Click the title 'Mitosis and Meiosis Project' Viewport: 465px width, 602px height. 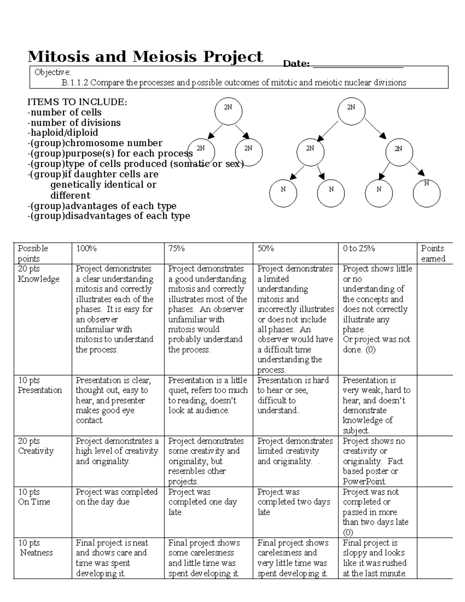(145, 57)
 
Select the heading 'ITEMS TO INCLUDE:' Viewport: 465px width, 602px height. (77, 102)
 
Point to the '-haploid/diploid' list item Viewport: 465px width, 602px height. (62, 133)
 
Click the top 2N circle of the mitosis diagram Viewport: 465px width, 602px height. (228, 111)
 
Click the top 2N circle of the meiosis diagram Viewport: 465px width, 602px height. (351, 111)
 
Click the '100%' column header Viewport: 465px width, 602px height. (86, 248)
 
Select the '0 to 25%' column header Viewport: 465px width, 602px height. (358, 248)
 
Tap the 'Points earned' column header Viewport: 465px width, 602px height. (433, 254)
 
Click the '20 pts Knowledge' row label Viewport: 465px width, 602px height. (38, 274)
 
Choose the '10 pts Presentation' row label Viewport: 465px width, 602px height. (40, 385)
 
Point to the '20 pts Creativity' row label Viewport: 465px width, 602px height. (36, 446)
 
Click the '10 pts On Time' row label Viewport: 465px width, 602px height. (34, 497)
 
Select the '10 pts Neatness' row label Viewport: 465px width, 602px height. (36, 547)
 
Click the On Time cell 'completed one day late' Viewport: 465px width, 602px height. (202, 502)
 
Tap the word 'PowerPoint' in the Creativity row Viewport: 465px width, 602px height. (364, 481)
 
